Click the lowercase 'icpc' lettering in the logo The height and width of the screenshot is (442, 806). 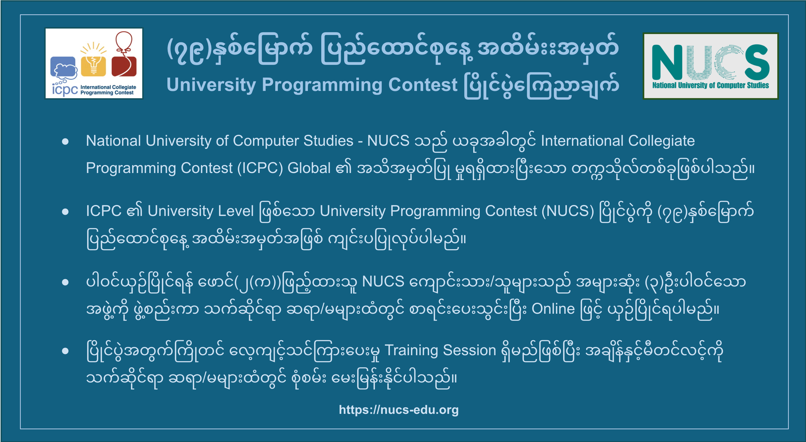65,90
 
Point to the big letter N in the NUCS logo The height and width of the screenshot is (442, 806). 667,62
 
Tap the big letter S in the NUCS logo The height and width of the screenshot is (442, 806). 757,62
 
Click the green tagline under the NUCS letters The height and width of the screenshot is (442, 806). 710,85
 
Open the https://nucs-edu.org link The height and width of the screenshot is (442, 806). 399,410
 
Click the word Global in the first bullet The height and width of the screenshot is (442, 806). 309,168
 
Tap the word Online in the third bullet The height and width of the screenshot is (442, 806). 553,309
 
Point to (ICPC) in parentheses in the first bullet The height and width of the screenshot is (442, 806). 260,168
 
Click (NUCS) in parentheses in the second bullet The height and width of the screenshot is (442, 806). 567,211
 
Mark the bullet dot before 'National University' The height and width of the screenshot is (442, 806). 65,141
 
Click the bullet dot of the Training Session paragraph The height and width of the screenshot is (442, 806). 65,351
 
